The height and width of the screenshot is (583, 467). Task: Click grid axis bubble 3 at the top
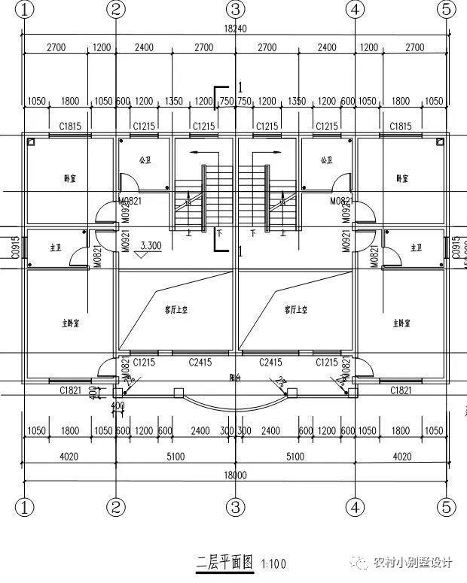coord(235,9)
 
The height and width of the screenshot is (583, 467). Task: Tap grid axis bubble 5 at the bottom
coord(446,506)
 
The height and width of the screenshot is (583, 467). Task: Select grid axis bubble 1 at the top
coord(25,9)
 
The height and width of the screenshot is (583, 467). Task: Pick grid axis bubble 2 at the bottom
coord(115,506)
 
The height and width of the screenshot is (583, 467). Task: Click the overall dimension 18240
coord(235,28)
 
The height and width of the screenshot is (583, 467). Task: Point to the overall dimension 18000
coord(235,475)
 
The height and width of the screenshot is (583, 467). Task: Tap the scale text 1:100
coord(273,563)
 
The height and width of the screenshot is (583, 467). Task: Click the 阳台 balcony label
coord(235,378)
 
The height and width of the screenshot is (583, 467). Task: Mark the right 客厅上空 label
coord(295,309)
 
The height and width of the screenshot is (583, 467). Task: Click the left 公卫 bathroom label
coord(145,160)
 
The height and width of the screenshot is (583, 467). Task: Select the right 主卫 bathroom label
coord(415,247)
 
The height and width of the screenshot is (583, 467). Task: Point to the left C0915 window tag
coord(14,247)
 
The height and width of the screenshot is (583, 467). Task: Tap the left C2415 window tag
coord(199,363)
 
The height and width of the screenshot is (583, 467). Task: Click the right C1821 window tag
coord(401,390)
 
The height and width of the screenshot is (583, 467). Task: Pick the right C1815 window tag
coord(401,126)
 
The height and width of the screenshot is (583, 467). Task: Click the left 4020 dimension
coord(69,456)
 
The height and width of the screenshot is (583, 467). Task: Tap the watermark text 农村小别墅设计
coord(412,563)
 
